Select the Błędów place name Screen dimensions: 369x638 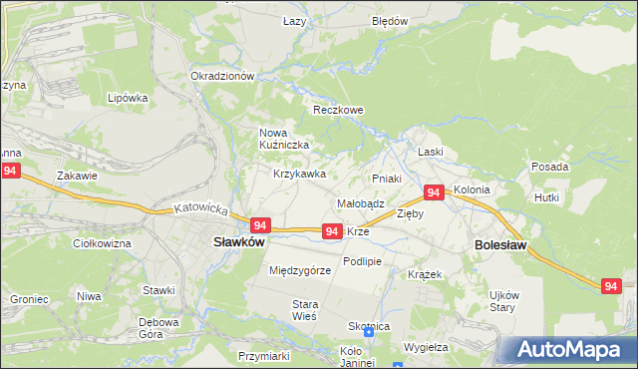click(x=390, y=21)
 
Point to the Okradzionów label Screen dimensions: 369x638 click(x=223, y=76)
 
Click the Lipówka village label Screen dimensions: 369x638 click(x=128, y=99)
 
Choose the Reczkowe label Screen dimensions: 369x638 click(x=338, y=110)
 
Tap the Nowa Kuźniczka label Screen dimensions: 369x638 click(x=284, y=139)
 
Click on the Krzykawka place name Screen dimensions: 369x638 click(x=300, y=174)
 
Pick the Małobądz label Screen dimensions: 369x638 click(x=360, y=202)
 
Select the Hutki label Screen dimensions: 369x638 click(x=546, y=198)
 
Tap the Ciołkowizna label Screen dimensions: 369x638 click(x=103, y=243)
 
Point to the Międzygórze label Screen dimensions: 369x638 click(x=300, y=270)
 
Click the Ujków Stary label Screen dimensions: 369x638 click(x=502, y=300)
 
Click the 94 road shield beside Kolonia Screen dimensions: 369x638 click(x=434, y=191)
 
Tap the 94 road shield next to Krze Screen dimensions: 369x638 click(x=333, y=230)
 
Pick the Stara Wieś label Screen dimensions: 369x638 click(x=304, y=309)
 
